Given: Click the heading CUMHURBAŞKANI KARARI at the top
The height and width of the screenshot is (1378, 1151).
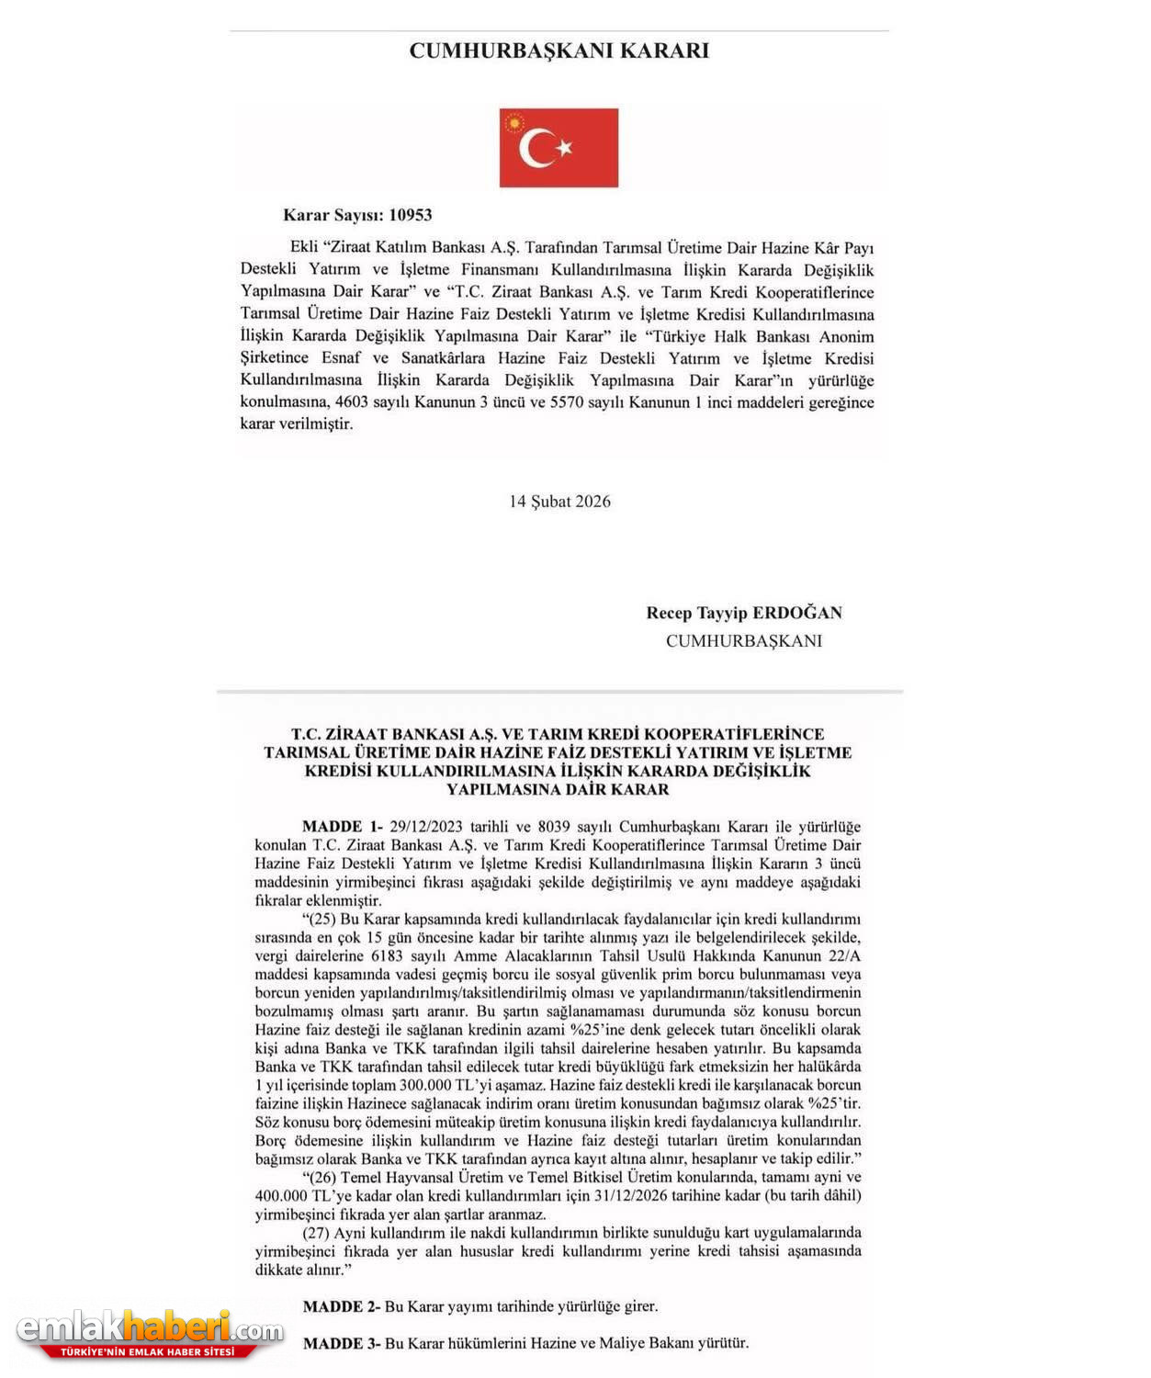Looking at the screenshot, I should [x=559, y=51].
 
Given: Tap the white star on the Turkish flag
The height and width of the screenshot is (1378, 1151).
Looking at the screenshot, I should [x=564, y=147].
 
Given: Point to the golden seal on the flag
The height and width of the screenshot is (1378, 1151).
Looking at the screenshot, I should [x=513, y=122].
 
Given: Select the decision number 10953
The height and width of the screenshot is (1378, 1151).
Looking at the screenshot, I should [x=410, y=215].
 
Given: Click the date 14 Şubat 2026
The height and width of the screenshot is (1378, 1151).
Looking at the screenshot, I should [x=559, y=502].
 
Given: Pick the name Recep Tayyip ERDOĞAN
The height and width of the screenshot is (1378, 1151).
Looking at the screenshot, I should [x=743, y=613].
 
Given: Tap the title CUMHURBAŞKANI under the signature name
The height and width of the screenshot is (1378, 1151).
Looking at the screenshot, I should [x=743, y=641].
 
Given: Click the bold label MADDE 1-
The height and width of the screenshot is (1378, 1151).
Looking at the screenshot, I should [x=342, y=827].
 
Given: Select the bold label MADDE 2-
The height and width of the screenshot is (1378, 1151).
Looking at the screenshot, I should [x=341, y=1306].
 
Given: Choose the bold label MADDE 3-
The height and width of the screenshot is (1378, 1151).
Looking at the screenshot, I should [x=341, y=1343].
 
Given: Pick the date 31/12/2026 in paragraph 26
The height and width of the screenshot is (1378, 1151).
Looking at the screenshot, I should [x=629, y=1195].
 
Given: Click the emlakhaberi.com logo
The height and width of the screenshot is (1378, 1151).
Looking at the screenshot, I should [x=150, y=1333].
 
